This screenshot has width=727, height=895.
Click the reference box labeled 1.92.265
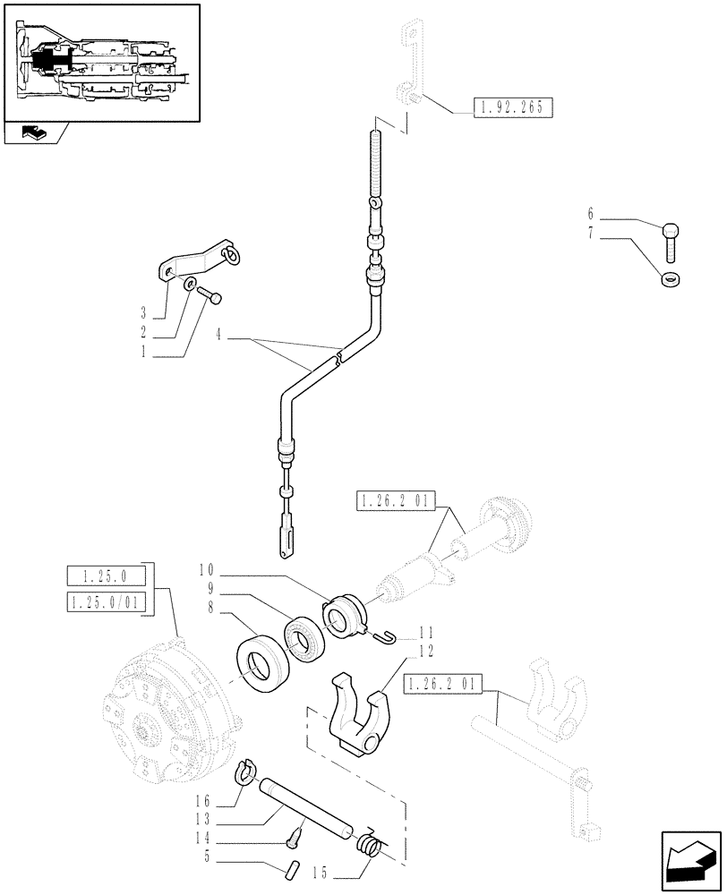click(x=504, y=109)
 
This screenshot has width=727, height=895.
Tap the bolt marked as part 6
click(x=671, y=239)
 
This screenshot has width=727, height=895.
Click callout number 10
click(x=205, y=569)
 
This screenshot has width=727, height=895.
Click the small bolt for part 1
click(x=210, y=294)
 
